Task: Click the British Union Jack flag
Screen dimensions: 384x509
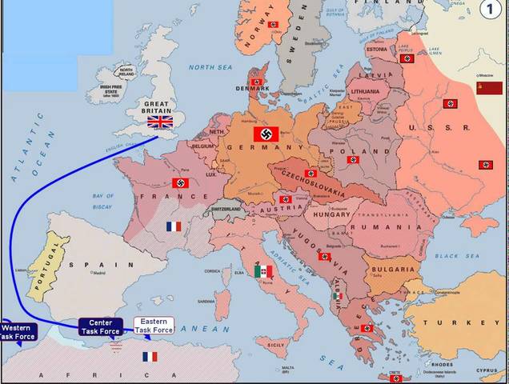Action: pyautogui.click(x=160, y=122)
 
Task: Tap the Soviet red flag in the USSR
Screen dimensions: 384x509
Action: pyautogui.click(x=488, y=88)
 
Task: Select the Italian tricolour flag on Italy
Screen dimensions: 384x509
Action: pyautogui.click(x=263, y=272)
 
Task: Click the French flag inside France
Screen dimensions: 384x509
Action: pyautogui.click(x=174, y=226)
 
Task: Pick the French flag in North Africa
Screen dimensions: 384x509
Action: pyautogui.click(x=150, y=356)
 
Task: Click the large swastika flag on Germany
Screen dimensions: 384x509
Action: pyautogui.click(x=266, y=134)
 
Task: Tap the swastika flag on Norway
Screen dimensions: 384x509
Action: pyautogui.click(x=273, y=25)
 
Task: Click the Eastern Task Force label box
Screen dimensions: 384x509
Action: pyautogui.click(x=154, y=326)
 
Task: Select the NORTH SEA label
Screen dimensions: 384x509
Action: pyautogui.click(x=209, y=68)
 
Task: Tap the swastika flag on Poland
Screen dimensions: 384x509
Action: pyautogui.click(x=353, y=160)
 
